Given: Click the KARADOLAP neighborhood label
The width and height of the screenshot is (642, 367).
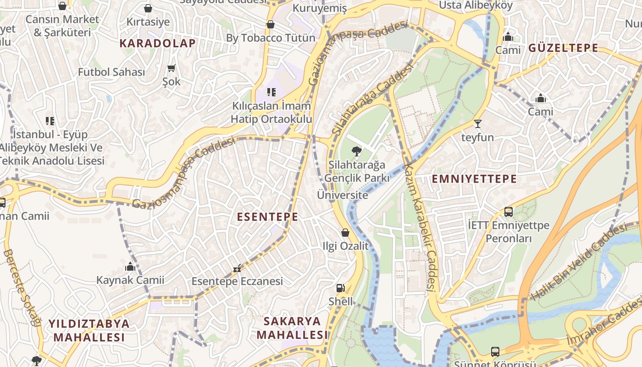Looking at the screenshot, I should point(157,43).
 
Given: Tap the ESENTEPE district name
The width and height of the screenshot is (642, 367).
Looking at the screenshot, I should point(267,217).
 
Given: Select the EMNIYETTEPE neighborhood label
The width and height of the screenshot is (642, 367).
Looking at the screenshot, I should point(474,179).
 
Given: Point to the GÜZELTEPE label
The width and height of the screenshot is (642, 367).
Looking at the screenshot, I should point(563,48).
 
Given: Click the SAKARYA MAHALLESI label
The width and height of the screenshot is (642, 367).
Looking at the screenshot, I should point(292,328).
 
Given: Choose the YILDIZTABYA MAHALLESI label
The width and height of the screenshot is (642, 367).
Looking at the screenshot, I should point(89,330).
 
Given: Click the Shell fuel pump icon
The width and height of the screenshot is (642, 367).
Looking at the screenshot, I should point(340,288).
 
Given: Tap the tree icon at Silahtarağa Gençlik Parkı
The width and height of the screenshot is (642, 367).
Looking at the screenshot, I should point(356,151).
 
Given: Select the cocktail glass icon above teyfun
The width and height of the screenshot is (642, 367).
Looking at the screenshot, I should point(477,123).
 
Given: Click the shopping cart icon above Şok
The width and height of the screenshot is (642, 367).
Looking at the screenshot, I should point(171,68).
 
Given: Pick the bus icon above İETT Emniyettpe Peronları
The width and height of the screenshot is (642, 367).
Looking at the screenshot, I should point(508,211).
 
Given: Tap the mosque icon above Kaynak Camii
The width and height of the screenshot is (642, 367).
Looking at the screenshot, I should point(130,267).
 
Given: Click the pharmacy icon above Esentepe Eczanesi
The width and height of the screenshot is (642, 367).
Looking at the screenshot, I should point(237,268).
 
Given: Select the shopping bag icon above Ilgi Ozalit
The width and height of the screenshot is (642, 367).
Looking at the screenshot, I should point(345,233).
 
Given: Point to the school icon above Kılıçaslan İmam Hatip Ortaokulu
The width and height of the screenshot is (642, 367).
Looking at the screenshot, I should point(271,92).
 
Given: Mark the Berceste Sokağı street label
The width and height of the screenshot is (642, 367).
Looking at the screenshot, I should point(22,287).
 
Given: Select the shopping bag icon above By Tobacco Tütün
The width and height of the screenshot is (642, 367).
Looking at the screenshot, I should point(271,24).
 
